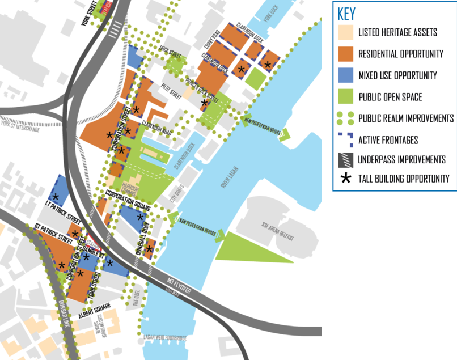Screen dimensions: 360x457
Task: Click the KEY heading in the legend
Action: (347, 14)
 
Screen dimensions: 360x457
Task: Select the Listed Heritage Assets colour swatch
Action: (345, 32)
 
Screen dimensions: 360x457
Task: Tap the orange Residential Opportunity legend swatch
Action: (345, 54)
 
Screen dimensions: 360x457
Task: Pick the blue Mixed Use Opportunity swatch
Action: (345, 75)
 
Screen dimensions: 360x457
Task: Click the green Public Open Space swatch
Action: (345, 96)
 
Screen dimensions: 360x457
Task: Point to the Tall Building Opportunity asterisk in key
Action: (345, 179)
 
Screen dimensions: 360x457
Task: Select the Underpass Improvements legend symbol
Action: (345, 159)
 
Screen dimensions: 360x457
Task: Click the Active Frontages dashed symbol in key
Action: (345, 139)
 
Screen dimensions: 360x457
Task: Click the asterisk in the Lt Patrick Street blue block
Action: (56, 197)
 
